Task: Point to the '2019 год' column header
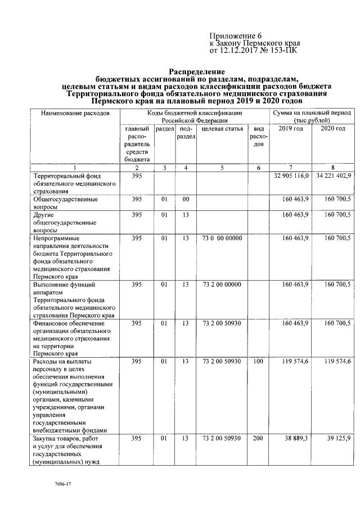(x=290, y=129)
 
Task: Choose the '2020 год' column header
(x=332, y=129)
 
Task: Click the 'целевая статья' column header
(x=222, y=129)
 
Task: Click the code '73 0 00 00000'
(x=222, y=238)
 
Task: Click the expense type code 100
(x=258, y=361)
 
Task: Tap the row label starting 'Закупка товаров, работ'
(x=66, y=438)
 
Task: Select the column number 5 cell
(x=222, y=168)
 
